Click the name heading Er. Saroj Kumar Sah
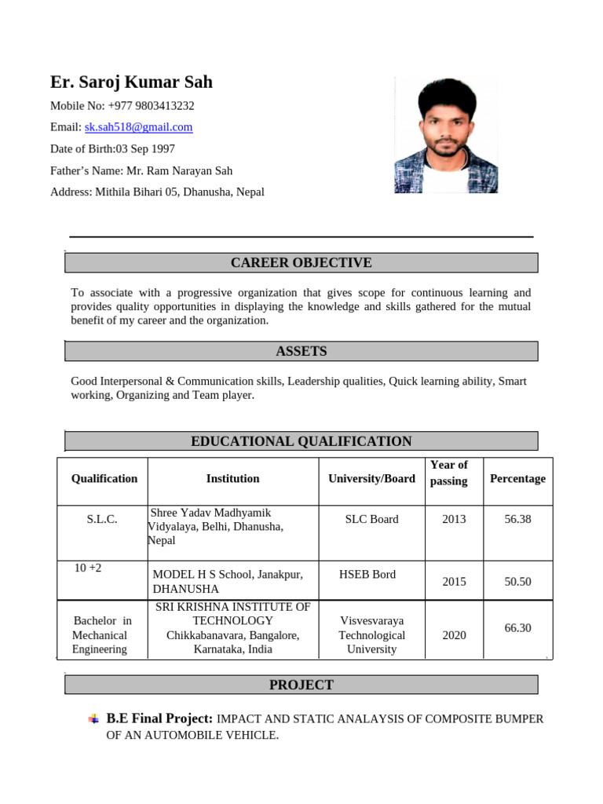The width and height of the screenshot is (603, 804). pos(131,82)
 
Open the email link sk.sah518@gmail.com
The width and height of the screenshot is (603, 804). pos(138,127)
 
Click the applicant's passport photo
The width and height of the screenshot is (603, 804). pos(445,135)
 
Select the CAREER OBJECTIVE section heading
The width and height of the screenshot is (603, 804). pos(301,262)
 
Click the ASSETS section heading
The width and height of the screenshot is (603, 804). pos(301,351)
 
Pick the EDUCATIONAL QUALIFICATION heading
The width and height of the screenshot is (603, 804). pos(301,441)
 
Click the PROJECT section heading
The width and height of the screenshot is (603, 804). pos(301,685)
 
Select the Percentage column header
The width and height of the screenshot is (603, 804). pos(517,479)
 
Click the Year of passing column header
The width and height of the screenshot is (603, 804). pos(448,473)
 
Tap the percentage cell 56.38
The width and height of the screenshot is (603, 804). pos(517,519)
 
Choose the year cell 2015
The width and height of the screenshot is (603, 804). pos(454,582)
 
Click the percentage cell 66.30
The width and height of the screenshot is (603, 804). pos(517,628)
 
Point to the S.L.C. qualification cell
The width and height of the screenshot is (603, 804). pos(102,520)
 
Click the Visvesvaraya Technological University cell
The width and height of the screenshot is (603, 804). pos(371,635)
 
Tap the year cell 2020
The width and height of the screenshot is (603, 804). pos(454,635)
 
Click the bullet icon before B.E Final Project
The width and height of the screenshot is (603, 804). pos(93,718)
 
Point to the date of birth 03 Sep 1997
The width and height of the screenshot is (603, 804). pos(145,149)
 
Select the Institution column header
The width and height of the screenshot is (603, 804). pos(232,479)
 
